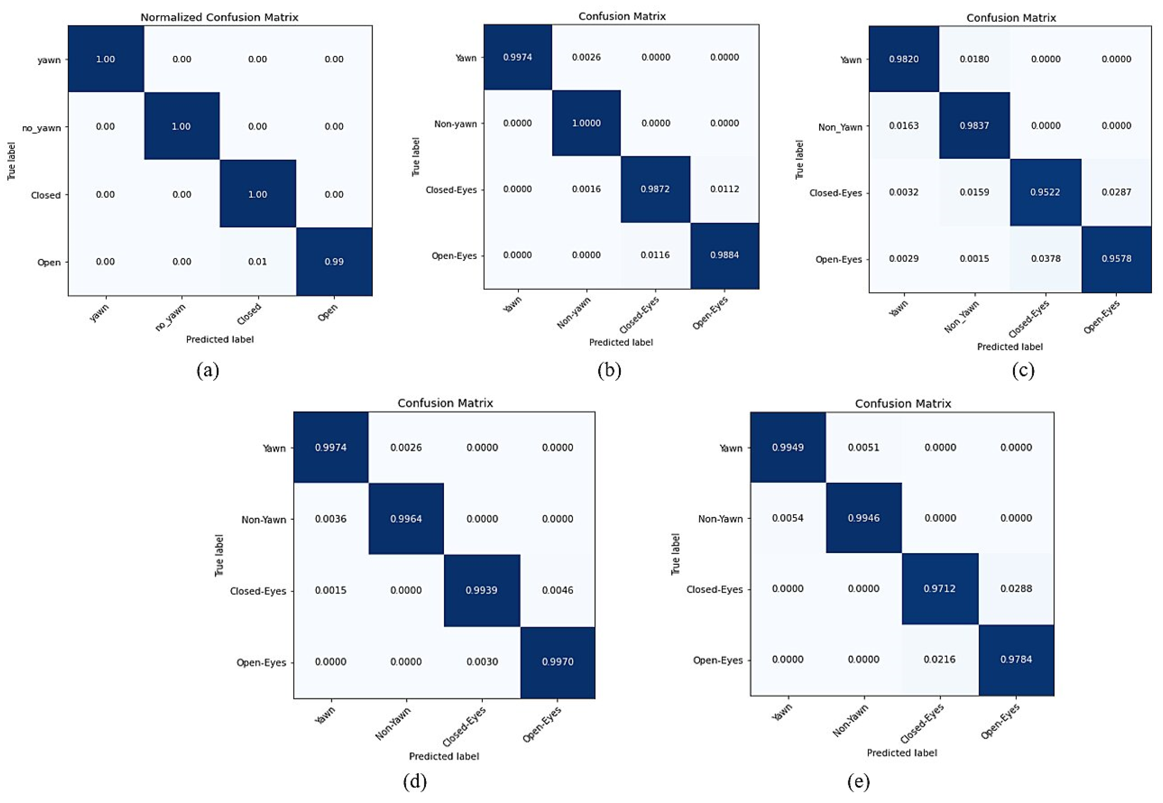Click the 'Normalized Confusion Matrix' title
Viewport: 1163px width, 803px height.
coord(219,17)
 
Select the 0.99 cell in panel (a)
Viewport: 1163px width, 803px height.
coord(334,262)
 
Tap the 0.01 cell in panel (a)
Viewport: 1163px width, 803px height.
coord(258,262)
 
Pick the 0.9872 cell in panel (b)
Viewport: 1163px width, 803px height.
coord(655,189)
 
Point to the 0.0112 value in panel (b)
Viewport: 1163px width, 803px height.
coord(724,189)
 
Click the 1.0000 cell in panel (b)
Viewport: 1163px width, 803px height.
coord(587,123)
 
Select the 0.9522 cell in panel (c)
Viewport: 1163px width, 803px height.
coord(1045,192)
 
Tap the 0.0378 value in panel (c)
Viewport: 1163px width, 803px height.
coord(1045,259)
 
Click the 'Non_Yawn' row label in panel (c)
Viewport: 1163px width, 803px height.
coord(840,127)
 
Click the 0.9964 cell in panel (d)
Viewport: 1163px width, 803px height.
coord(406,519)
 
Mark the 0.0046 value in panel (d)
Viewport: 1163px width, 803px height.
coord(557,590)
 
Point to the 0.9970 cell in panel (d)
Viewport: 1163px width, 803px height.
coord(557,661)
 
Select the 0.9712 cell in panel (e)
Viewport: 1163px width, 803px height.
coord(940,589)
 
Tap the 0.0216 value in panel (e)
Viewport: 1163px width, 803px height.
coord(940,659)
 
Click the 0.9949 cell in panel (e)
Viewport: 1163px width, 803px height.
coord(788,447)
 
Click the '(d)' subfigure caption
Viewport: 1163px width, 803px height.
coord(415,781)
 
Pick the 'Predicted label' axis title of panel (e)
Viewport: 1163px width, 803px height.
coord(902,753)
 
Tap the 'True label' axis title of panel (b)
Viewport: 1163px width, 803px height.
coord(416,157)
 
